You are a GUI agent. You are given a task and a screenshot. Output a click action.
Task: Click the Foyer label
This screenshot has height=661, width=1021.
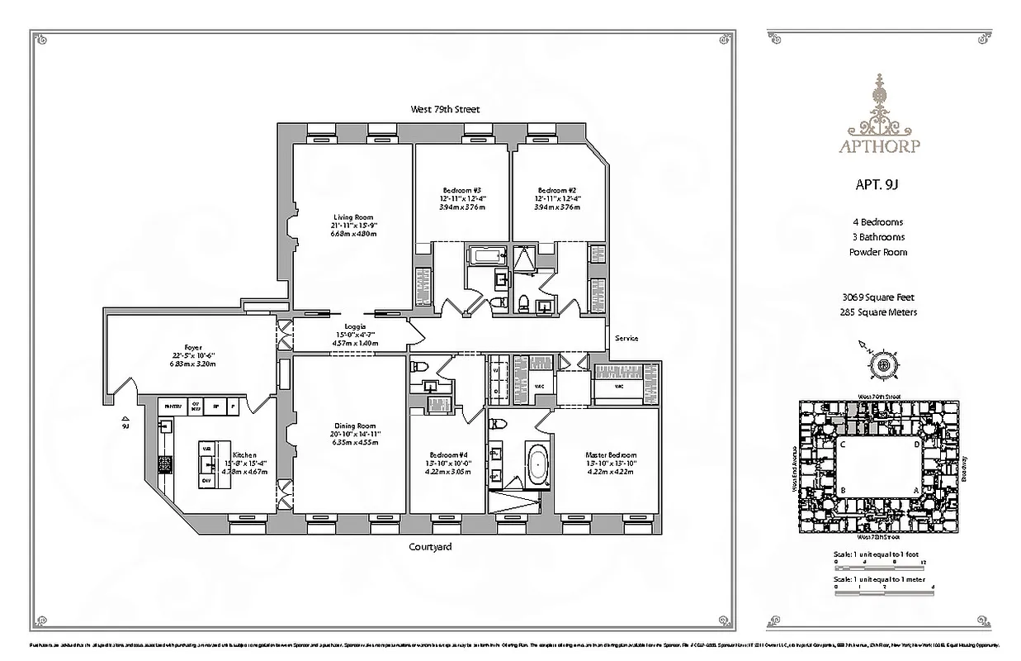coord(192,348)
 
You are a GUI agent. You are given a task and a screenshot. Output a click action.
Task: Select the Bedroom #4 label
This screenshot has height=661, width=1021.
coord(448,455)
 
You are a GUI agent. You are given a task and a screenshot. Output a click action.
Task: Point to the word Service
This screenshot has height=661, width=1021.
coord(625,338)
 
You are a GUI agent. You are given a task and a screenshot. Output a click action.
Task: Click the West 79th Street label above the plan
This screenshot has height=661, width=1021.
coord(444,109)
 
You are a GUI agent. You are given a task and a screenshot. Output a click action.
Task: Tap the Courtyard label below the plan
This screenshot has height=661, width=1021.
coord(430,547)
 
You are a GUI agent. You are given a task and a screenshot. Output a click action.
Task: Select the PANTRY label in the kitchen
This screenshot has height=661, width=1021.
coord(173,407)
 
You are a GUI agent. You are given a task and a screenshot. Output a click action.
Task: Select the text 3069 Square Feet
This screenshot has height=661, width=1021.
coord(884,297)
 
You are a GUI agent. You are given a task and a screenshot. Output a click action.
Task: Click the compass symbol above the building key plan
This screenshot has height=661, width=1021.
coord(882,364)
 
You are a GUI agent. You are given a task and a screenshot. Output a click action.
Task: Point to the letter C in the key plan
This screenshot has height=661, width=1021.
coord(843,444)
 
